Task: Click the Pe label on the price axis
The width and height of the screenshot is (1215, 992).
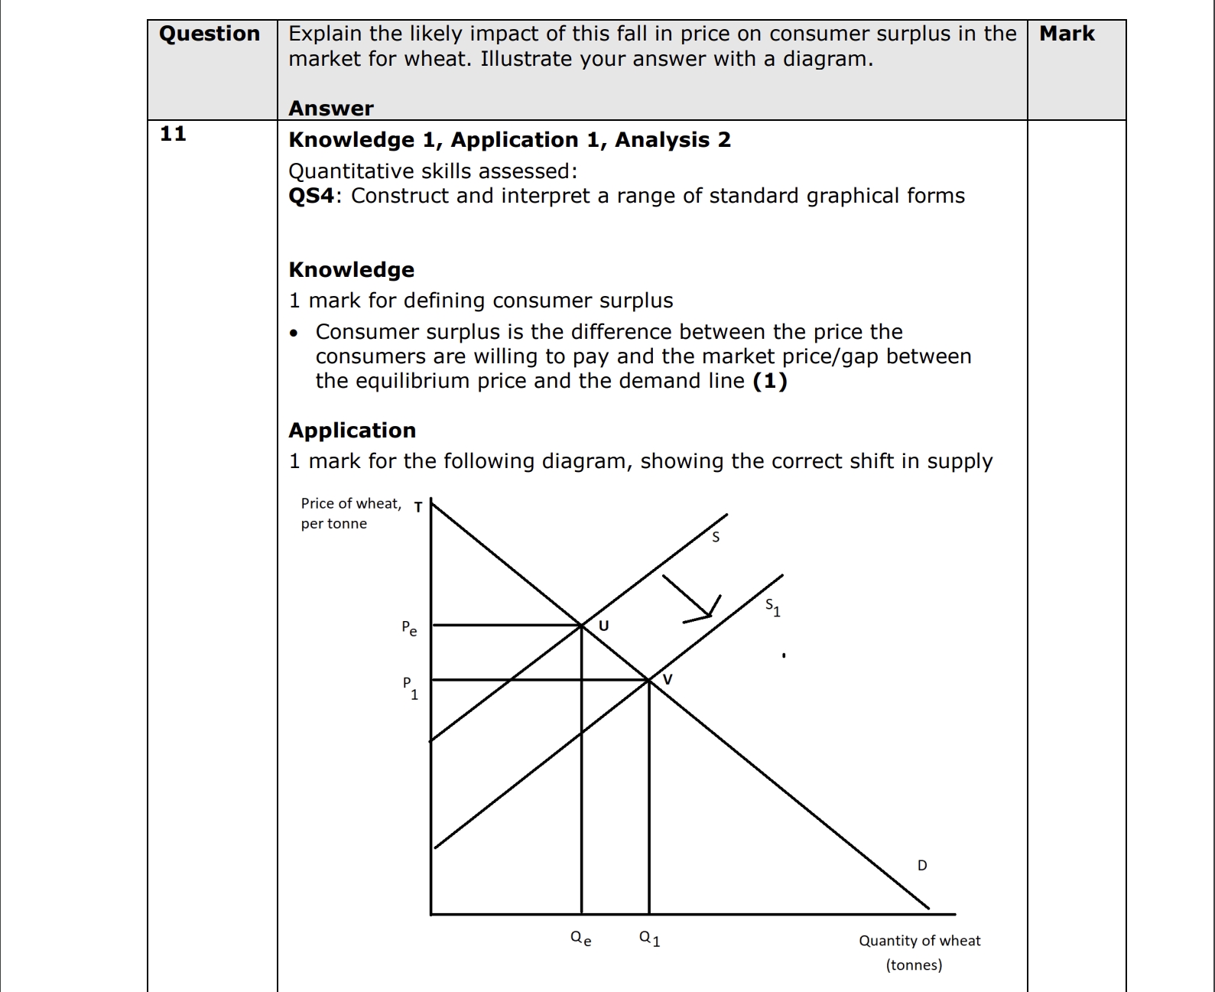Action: (x=409, y=629)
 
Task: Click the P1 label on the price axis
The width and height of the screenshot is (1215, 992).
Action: (x=411, y=688)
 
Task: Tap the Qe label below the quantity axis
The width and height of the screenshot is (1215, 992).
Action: (x=581, y=938)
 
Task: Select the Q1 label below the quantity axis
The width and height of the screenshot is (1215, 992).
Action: (x=649, y=938)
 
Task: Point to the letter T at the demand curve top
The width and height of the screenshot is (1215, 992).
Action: (x=418, y=506)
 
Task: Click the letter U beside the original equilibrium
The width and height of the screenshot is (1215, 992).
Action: (x=603, y=626)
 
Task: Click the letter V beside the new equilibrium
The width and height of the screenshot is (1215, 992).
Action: (x=668, y=679)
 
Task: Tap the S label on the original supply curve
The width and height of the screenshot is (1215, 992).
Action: (x=716, y=537)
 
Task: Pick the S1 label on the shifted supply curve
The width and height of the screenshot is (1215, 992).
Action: (x=773, y=608)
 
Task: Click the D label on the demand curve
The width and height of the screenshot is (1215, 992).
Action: (x=922, y=865)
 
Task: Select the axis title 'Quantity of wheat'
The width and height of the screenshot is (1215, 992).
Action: (x=919, y=941)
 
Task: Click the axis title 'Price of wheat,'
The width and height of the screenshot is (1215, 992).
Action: (x=350, y=503)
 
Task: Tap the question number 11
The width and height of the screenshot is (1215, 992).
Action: (x=173, y=134)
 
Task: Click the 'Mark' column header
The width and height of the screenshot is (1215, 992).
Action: (x=1067, y=34)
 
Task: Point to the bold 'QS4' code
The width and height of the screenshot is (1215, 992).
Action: (x=311, y=196)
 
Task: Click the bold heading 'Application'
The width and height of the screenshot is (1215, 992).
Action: (x=352, y=431)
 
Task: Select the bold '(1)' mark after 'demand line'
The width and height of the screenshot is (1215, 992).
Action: (x=770, y=381)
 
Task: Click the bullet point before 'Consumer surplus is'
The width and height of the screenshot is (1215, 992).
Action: (x=294, y=333)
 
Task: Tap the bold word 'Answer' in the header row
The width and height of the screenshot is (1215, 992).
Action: (x=331, y=109)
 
